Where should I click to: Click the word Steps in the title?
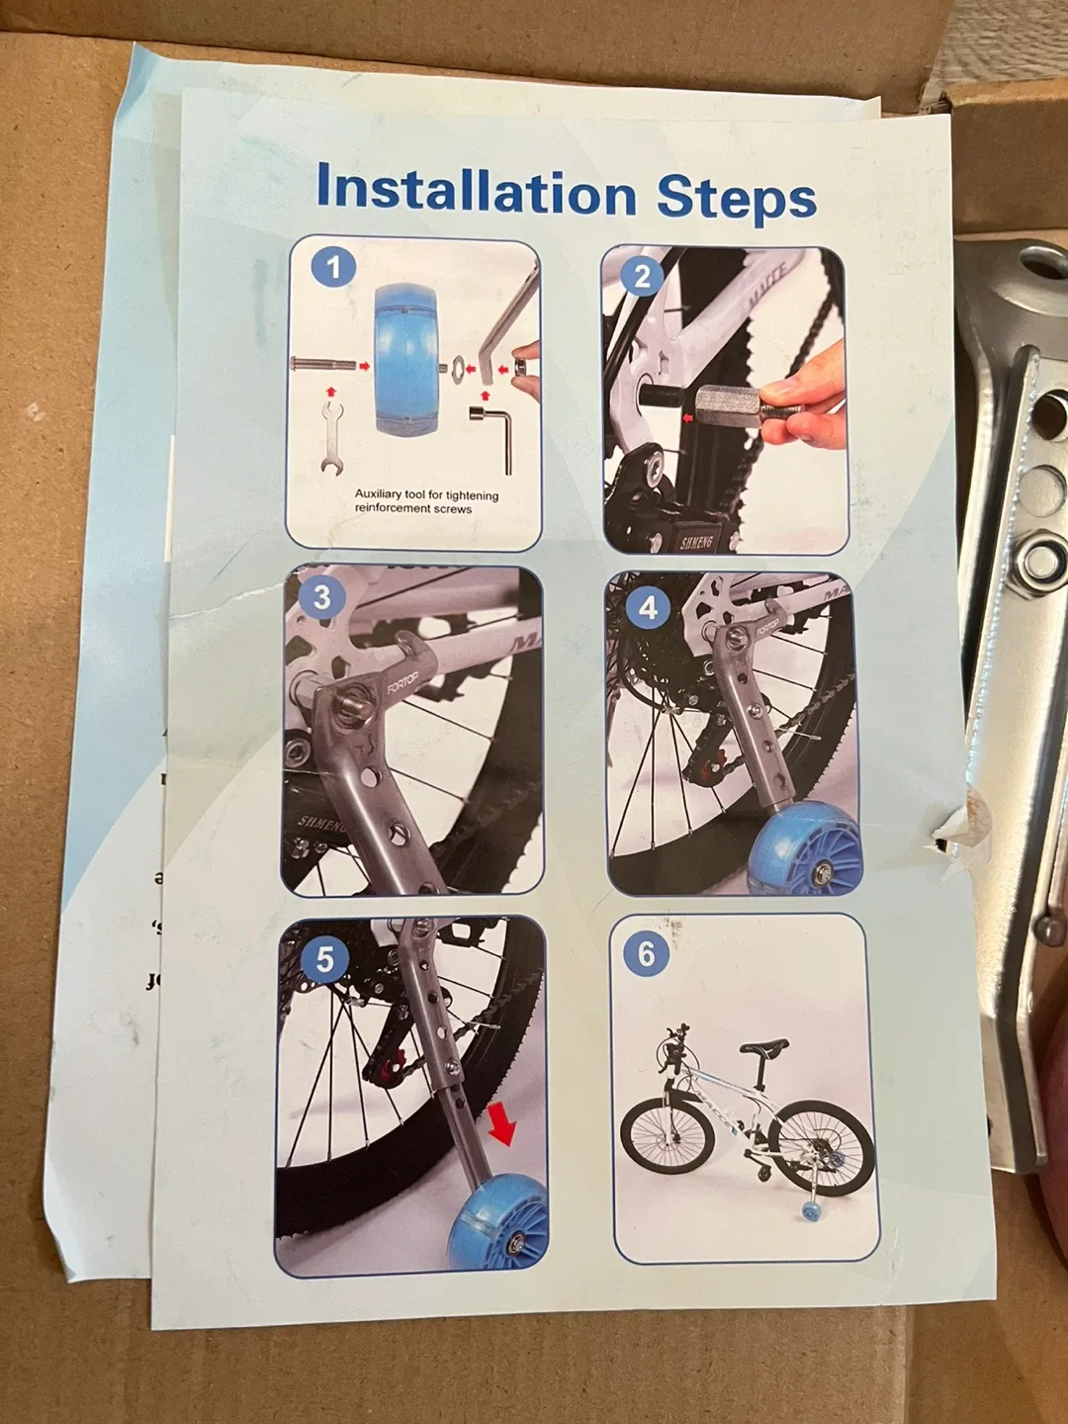(736, 197)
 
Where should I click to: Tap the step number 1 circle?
(333, 267)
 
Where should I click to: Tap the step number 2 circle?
(642, 276)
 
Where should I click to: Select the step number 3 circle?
(321, 597)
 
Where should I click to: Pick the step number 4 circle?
(648, 607)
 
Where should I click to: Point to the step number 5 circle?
(324, 958)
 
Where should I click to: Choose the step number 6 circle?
(646, 953)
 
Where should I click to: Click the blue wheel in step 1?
(405, 358)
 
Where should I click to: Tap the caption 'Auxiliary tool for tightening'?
(426, 494)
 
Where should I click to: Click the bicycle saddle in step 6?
(764, 1046)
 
